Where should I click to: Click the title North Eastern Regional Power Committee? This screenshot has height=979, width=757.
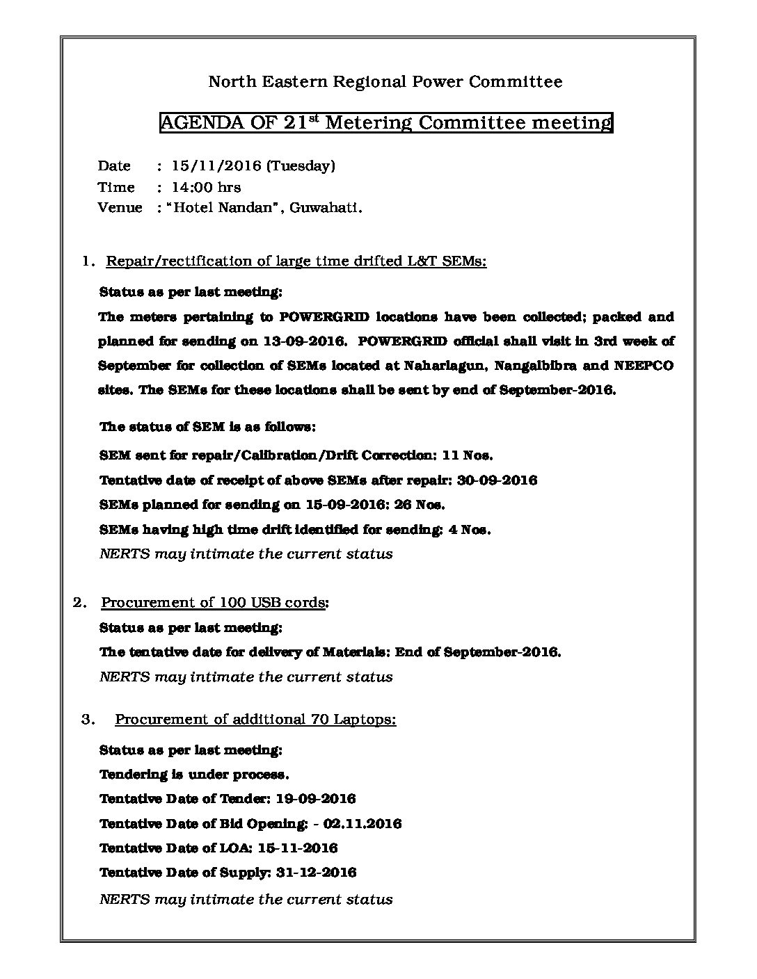coord(385,82)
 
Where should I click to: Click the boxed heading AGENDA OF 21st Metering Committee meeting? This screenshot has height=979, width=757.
coord(385,123)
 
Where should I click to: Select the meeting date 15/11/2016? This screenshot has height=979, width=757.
coord(214,165)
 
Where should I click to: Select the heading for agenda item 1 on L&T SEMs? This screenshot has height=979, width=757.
coord(296,261)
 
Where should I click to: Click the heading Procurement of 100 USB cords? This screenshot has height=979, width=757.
coord(215,602)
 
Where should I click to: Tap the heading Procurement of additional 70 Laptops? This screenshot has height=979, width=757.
coord(255,719)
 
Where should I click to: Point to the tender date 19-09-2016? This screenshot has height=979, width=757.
coord(316,799)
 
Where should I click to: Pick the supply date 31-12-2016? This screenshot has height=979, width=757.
coord(316,873)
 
